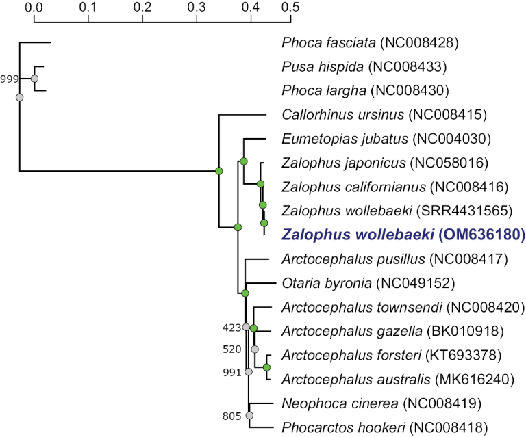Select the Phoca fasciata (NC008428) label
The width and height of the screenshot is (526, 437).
369,44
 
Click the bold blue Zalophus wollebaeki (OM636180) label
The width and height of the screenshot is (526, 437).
403,235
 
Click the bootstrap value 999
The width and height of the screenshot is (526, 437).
10,79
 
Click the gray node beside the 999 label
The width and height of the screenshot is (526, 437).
34,79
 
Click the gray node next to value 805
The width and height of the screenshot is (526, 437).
249,415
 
